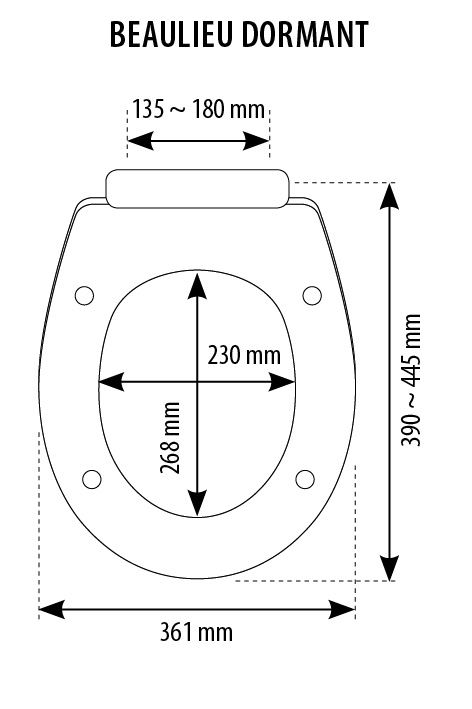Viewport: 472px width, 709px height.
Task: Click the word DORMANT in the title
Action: (305, 34)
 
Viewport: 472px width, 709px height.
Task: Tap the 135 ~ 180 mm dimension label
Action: (198, 109)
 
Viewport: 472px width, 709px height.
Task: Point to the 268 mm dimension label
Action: (170, 437)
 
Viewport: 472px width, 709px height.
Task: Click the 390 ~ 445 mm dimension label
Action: (411, 380)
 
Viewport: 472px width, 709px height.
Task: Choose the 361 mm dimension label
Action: (196, 632)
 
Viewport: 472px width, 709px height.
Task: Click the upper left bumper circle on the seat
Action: (85, 296)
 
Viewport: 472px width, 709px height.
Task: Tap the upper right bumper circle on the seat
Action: (312, 296)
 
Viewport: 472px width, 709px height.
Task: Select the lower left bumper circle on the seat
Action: (92, 479)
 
